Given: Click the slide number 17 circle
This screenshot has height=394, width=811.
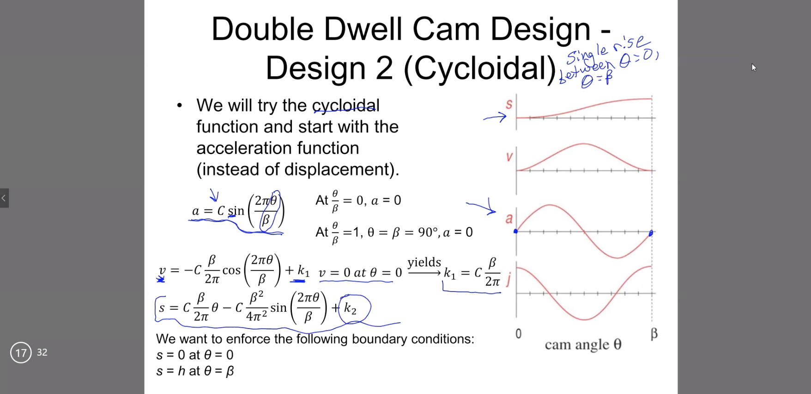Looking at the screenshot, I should coord(21,353).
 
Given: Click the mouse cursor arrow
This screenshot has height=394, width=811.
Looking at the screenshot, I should coord(754,67).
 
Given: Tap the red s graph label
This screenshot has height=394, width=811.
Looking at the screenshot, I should coord(509,104).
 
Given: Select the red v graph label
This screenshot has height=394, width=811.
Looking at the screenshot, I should coord(509,157).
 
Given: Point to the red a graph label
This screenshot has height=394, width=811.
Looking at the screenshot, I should coord(509,219).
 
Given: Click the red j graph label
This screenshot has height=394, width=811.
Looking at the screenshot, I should coord(508,279).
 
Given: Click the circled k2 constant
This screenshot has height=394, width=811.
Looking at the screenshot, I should coord(353,308).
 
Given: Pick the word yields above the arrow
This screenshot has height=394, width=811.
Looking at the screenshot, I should coord(424,263).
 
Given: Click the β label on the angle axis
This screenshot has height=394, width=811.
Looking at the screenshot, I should coord(654,333).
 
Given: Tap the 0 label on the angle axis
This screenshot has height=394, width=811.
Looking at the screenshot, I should coord(518,334).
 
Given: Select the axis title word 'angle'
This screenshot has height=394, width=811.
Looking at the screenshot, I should coord(592,345).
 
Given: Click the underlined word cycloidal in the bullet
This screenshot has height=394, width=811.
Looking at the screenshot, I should coord(346,106).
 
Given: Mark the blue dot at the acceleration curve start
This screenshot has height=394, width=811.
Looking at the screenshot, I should coord(516,231).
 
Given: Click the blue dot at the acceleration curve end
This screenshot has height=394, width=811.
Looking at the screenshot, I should coord(651,233).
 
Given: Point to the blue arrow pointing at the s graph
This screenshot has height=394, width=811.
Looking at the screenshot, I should coord(495,118).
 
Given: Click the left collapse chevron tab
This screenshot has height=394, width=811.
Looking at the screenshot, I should coord(4,198).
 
